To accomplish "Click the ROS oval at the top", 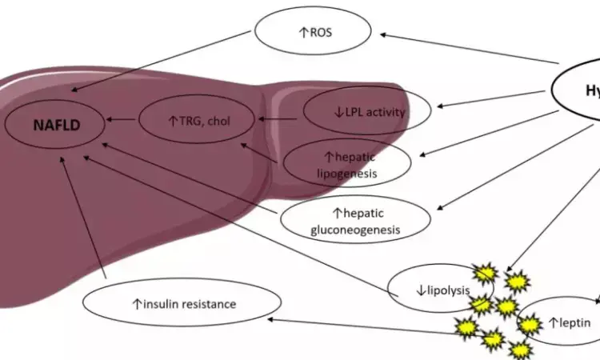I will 313,33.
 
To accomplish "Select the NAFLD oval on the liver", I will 57,124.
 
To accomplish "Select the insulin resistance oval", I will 183,303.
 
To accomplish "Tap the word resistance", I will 208,304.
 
